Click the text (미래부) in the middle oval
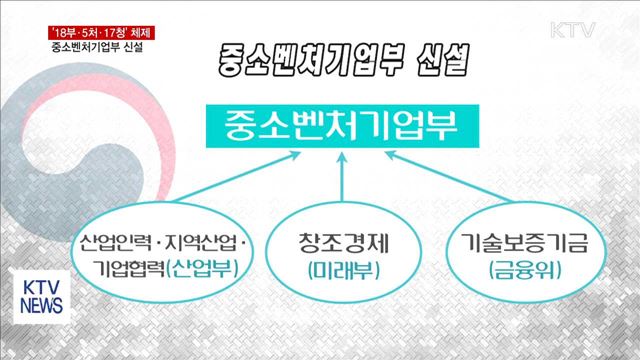click(341, 270)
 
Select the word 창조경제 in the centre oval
click(341, 242)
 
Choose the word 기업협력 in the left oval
click(131, 268)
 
